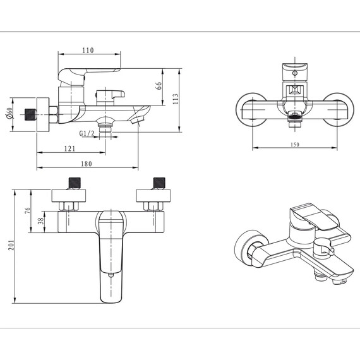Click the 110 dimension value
88,50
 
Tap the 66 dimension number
159,86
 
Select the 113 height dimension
176,99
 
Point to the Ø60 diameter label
9,113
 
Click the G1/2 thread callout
87,133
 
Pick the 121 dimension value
69,148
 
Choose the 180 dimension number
87,164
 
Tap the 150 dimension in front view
295,145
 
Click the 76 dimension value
27,210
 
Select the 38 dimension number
40,221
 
